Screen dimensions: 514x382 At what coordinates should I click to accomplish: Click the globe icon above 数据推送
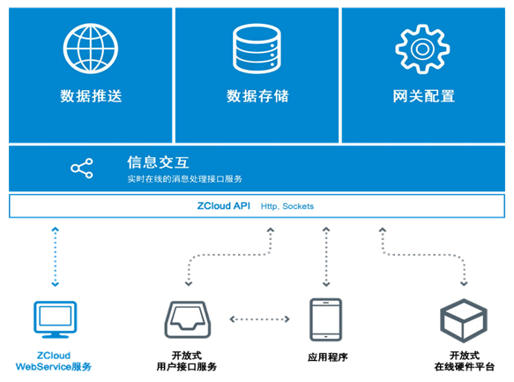(x=91, y=49)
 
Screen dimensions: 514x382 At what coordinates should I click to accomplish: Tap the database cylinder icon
(x=257, y=49)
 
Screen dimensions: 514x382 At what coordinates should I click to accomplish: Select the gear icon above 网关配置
(x=422, y=49)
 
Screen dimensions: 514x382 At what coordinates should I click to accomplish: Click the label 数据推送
(x=91, y=96)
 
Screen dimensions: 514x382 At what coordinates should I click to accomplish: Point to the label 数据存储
(x=257, y=96)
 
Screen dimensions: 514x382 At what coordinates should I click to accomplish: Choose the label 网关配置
(x=423, y=96)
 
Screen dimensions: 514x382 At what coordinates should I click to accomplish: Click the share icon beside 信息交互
(x=82, y=169)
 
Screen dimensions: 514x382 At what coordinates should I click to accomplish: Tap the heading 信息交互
(x=158, y=162)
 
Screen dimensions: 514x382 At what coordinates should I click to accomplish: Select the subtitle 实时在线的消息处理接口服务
(x=184, y=179)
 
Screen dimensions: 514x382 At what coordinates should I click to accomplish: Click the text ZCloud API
(x=224, y=206)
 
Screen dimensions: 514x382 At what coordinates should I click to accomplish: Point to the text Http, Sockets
(x=287, y=206)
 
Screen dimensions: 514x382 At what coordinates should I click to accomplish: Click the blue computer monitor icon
(x=55, y=319)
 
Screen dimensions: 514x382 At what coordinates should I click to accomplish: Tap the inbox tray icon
(x=188, y=319)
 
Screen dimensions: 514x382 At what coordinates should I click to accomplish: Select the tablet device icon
(x=326, y=319)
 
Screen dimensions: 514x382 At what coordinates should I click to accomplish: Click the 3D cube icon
(x=464, y=320)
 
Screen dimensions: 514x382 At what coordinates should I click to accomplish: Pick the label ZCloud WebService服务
(x=54, y=361)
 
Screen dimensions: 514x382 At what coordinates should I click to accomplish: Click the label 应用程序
(x=327, y=357)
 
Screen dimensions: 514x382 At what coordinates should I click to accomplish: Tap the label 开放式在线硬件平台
(x=464, y=361)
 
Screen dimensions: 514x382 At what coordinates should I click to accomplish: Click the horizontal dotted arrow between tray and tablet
(x=259, y=319)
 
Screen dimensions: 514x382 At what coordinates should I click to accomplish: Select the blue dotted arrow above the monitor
(x=55, y=257)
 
